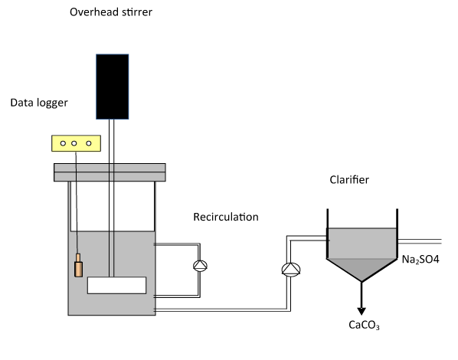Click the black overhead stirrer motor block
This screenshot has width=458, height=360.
coord(113,87)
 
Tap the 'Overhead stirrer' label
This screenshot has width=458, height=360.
coord(111,12)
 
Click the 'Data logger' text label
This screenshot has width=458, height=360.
coord(39,103)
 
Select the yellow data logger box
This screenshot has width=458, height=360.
coord(77,143)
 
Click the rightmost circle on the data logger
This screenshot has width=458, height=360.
coord(89,143)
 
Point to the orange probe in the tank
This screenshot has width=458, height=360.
coord(78,265)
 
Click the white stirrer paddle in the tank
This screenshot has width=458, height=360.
coord(117,285)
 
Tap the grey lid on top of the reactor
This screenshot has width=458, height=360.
coord(110,172)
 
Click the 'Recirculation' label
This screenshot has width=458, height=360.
coord(226,217)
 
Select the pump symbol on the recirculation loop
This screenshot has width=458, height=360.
coord(201,266)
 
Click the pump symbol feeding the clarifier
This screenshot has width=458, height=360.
coord(291,270)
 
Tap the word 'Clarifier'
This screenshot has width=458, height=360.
coord(349,180)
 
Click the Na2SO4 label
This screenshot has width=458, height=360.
coord(420,260)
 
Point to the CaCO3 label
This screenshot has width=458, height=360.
coord(365,325)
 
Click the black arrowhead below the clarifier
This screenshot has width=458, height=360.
coord(361,311)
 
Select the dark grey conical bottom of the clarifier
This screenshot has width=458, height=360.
coord(362,267)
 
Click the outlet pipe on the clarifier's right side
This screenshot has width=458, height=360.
coord(420,241)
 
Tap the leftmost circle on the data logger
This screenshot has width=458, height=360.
coord(63,143)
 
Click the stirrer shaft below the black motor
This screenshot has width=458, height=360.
coord(112,198)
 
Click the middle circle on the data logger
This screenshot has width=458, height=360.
coord(74,143)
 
